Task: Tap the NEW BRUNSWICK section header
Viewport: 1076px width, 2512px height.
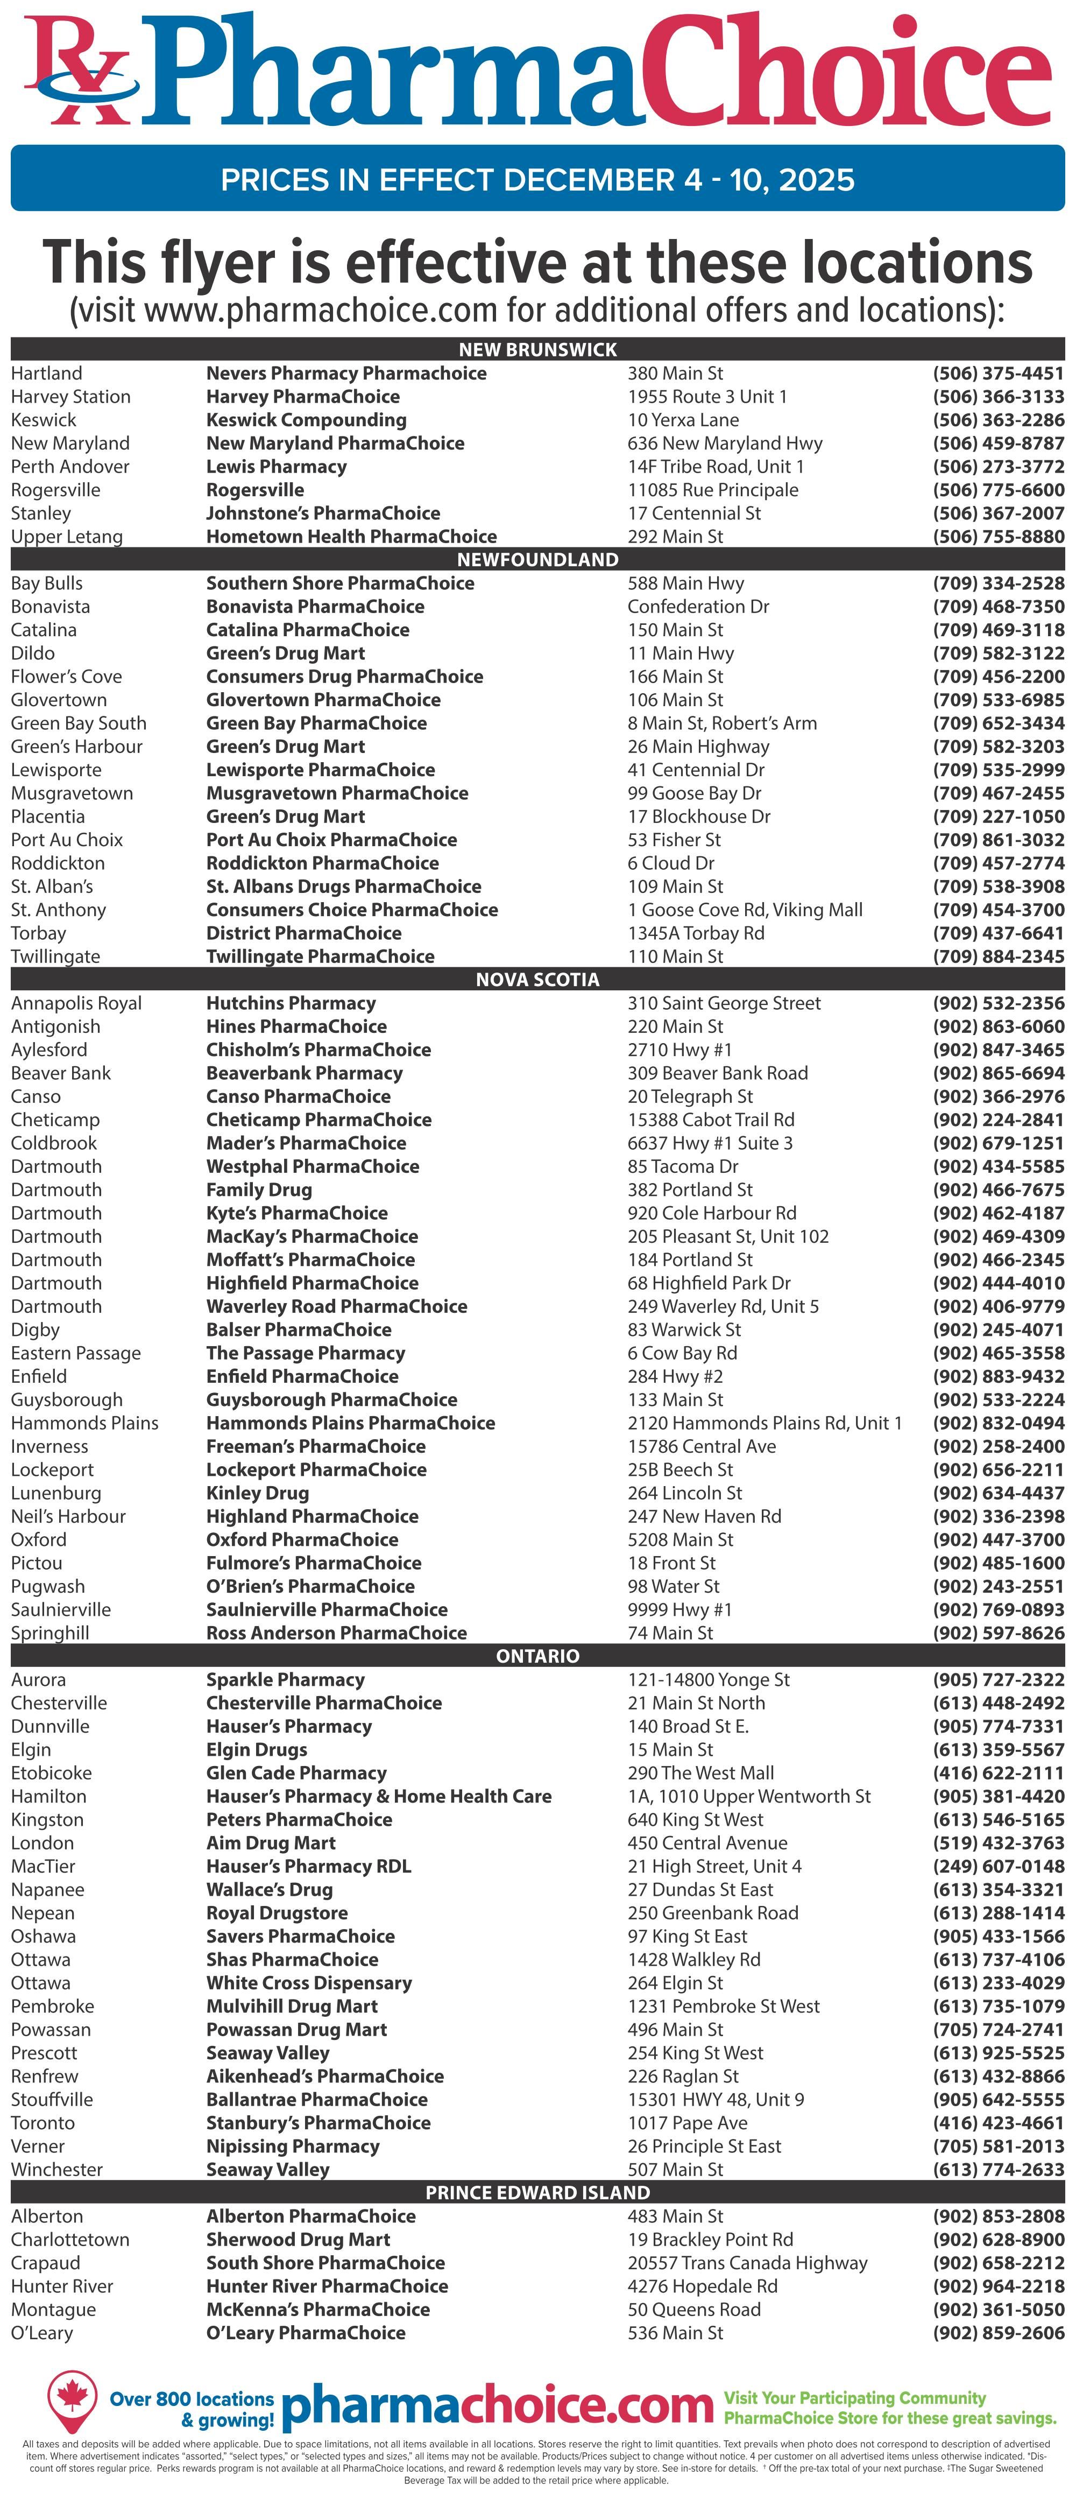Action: (x=538, y=349)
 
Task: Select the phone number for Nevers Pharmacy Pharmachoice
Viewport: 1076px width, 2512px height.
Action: (x=998, y=374)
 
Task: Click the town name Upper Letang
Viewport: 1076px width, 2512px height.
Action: (x=67, y=536)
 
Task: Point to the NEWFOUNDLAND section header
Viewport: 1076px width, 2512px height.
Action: (x=538, y=560)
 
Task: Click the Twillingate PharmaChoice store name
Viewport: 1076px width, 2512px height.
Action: (x=320, y=956)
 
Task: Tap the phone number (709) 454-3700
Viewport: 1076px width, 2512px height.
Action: (x=998, y=910)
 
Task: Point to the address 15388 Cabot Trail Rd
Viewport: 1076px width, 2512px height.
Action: (x=711, y=1120)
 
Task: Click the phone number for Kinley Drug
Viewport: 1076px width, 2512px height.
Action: (x=998, y=1493)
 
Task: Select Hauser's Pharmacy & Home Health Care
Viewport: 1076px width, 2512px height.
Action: (x=378, y=1796)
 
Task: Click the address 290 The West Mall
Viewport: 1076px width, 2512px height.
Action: (x=701, y=1773)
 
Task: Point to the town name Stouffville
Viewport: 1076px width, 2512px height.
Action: (x=53, y=2100)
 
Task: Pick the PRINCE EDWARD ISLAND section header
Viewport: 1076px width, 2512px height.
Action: (x=538, y=2193)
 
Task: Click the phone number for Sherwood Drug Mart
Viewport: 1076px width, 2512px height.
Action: (x=998, y=2240)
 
